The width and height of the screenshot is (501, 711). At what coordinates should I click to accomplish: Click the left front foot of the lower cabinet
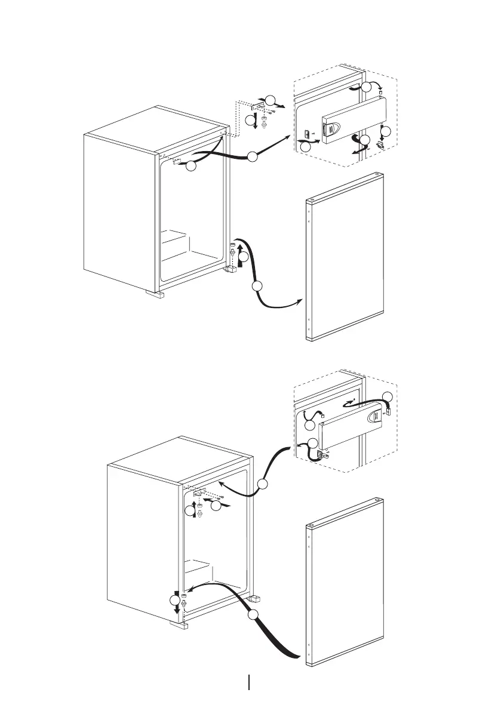[x=179, y=624]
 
